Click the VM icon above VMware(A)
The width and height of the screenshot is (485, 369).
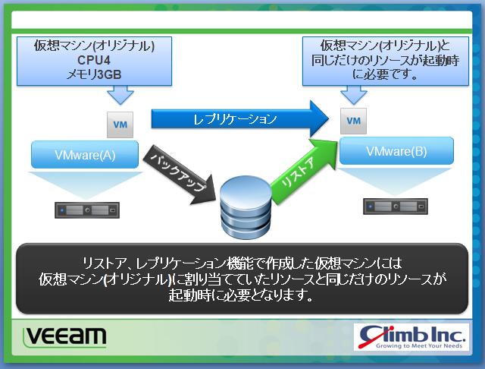click(x=120, y=125)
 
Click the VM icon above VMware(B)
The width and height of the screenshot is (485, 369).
click(x=354, y=121)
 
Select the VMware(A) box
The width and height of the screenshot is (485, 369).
click(x=85, y=155)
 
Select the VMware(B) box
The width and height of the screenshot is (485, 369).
click(x=396, y=151)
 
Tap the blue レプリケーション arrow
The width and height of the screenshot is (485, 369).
click(x=239, y=119)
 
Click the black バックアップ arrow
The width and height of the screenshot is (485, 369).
click(x=180, y=175)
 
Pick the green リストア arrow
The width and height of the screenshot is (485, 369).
click(x=303, y=171)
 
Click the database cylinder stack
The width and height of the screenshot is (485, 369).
click(x=246, y=207)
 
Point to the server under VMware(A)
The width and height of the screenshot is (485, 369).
click(x=87, y=210)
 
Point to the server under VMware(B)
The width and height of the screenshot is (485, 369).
click(x=396, y=206)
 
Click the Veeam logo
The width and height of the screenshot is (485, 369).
click(x=65, y=337)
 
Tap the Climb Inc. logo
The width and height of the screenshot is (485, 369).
click(x=411, y=337)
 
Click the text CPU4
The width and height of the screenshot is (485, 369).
click(x=94, y=60)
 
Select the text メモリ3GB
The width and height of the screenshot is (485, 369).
click(x=94, y=74)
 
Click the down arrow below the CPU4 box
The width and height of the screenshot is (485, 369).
click(x=120, y=95)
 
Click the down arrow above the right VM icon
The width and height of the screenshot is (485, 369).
click(x=354, y=94)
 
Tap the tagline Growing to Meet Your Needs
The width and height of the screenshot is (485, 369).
click(x=419, y=345)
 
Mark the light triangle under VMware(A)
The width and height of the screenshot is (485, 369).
click(x=86, y=185)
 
